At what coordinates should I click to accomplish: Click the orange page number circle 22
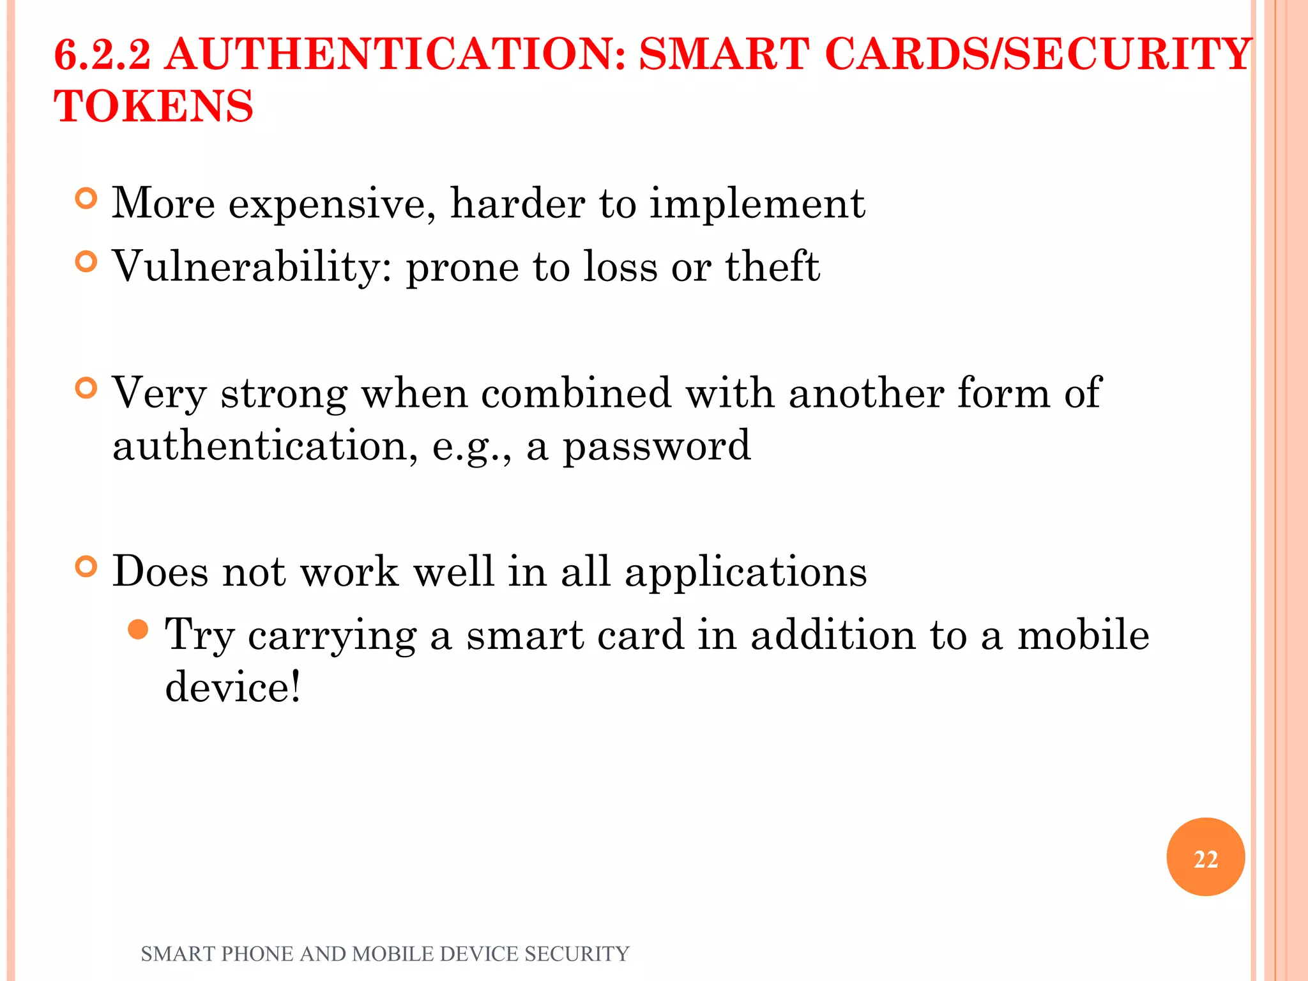[x=1205, y=857]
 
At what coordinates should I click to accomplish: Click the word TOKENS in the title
[x=154, y=106]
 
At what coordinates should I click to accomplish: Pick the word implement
[x=757, y=204]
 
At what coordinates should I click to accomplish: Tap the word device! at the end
[x=232, y=688]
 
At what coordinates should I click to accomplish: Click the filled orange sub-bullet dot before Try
[x=138, y=630]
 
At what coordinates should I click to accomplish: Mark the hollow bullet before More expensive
[x=86, y=199]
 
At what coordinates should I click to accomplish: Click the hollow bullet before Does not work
[x=86, y=567]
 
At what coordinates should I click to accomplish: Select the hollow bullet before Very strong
[x=86, y=388]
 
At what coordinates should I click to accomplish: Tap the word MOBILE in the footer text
[x=393, y=954]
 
